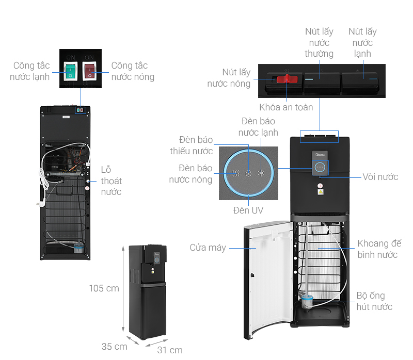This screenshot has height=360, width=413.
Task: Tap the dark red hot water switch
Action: pyautogui.click(x=90, y=71)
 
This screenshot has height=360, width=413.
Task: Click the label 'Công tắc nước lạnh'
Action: pyautogui.click(x=31, y=71)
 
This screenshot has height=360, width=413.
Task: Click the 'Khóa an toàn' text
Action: pyautogui.click(x=286, y=107)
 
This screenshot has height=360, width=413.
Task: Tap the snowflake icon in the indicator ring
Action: pyautogui.click(x=261, y=173)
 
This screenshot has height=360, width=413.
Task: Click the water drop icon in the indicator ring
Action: pyautogui.click(x=248, y=173)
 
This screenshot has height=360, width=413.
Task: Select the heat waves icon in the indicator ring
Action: pyautogui.click(x=235, y=173)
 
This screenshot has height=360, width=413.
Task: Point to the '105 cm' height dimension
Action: pyautogui.click(x=104, y=288)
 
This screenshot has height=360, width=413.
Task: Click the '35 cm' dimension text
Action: pyautogui.click(x=114, y=347)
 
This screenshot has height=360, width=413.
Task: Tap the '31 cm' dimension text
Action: pyautogui.click(x=170, y=350)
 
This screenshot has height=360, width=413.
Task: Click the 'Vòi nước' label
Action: pyautogui.click(x=380, y=177)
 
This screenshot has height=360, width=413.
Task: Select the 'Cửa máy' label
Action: pyautogui.click(x=208, y=248)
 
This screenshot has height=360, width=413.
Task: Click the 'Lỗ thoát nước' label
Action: pyautogui.click(x=111, y=181)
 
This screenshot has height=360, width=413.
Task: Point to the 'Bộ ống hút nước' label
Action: pyautogui.click(x=374, y=302)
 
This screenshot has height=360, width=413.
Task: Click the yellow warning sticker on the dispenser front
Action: pyautogui.click(x=321, y=192)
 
